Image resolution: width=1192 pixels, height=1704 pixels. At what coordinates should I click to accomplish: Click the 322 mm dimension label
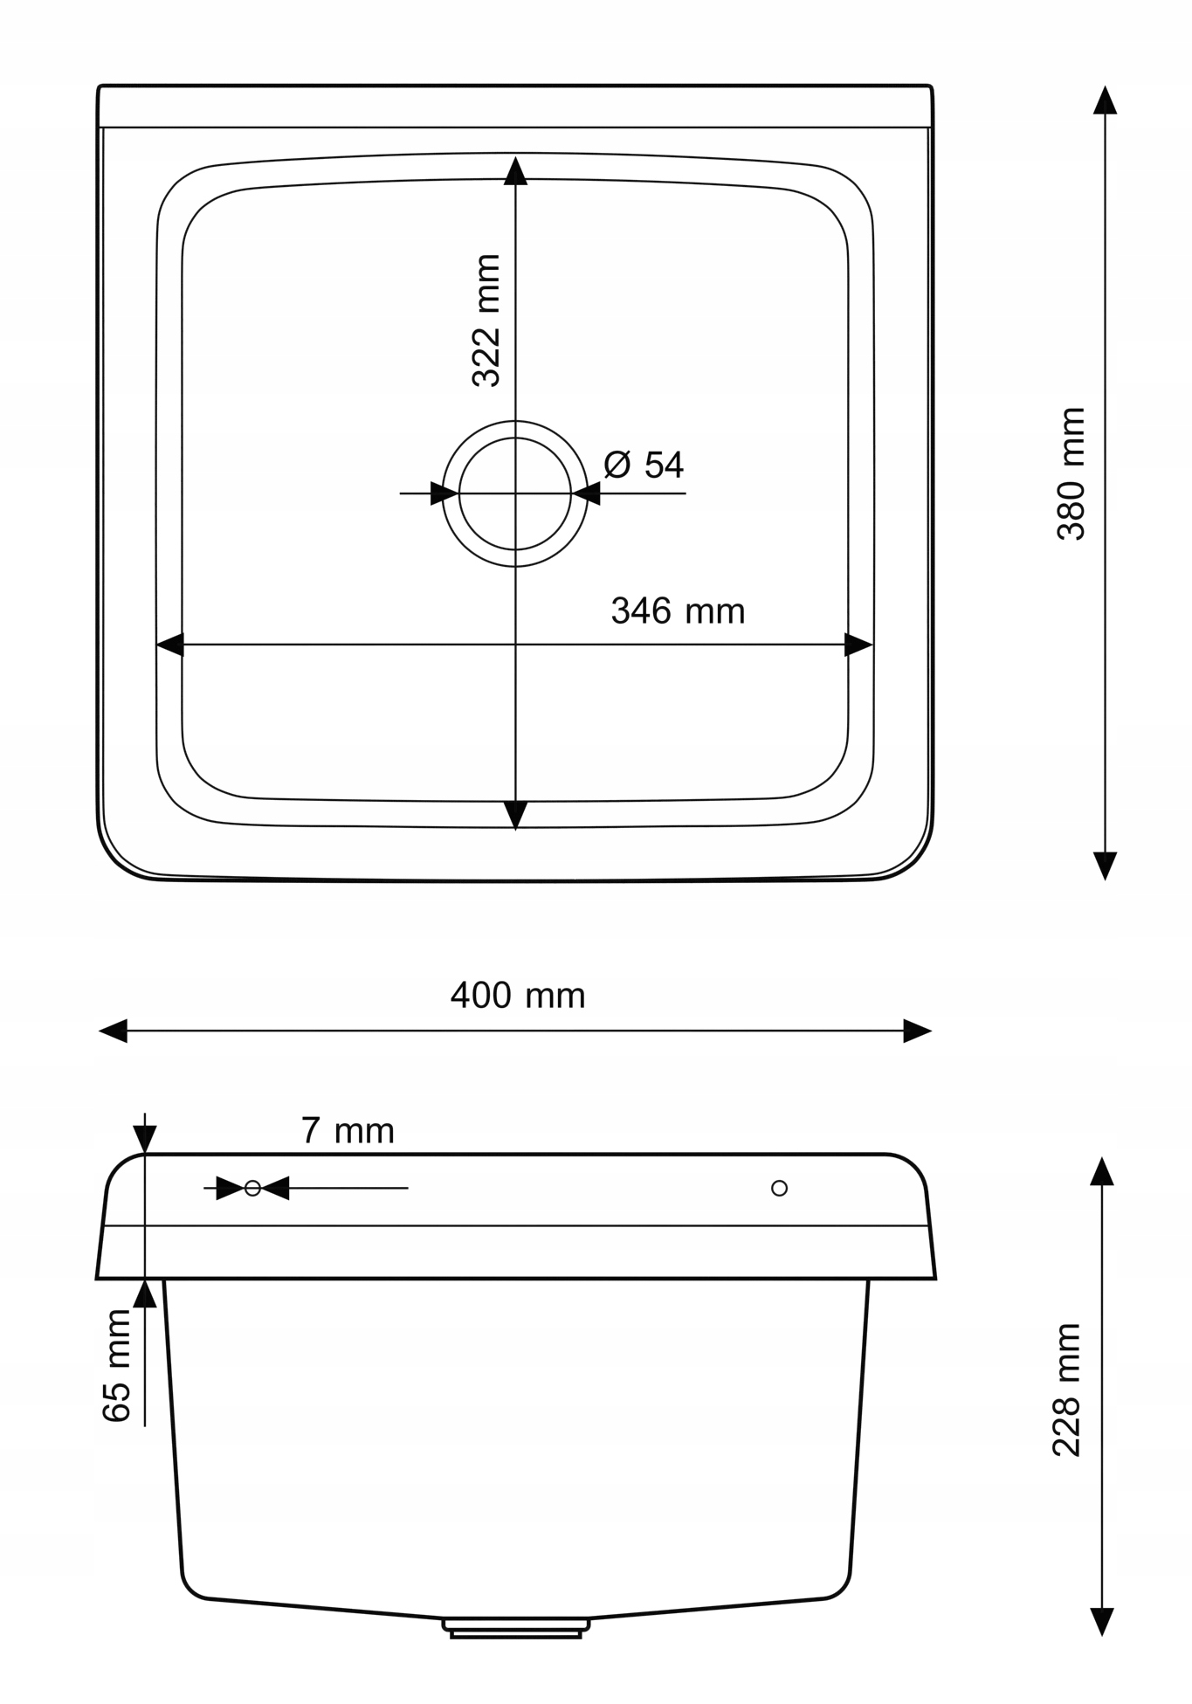(x=486, y=321)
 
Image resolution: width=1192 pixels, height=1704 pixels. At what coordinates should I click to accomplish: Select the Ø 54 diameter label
(x=644, y=465)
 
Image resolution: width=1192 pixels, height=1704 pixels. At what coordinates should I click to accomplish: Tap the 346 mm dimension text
(x=678, y=611)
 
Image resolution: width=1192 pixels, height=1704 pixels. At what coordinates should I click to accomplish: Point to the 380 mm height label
(x=1071, y=473)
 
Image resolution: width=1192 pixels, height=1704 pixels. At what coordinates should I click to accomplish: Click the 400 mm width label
(x=518, y=996)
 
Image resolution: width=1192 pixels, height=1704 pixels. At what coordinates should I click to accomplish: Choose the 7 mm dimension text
(x=348, y=1131)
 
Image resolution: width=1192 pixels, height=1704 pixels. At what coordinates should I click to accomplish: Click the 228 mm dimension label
(x=1067, y=1390)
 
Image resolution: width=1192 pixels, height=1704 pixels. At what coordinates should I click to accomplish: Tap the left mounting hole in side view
(x=252, y=1188)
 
